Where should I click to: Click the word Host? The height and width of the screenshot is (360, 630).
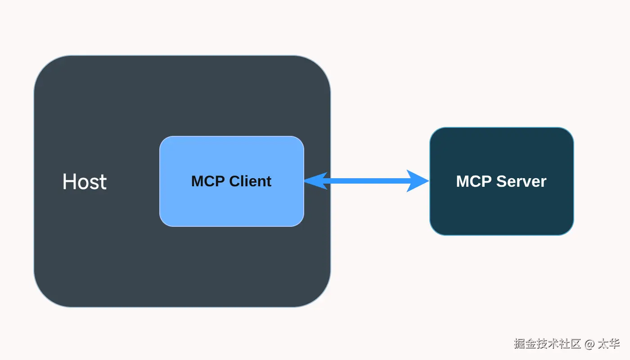pyautogui.click(x=85, y=182)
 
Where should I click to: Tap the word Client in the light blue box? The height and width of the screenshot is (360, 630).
pyautogui.click(x=250, y=181)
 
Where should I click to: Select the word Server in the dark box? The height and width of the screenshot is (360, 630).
pyautogui.click(x=521, y=181)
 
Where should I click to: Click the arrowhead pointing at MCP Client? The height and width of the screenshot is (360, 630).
pyautogui.click(x=315, y=181)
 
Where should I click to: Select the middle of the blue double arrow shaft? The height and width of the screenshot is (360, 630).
pyautogui.click(x=366, y=181)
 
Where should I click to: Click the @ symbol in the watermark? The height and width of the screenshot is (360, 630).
pyautogui.click(x=589, y=344)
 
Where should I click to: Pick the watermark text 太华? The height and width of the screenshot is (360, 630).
pyautogui.click(x=608, y=344)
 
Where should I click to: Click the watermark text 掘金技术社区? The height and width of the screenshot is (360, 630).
pyautogui.click(x=547, y=344)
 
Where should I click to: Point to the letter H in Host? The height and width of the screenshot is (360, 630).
pyautogui.click(x=68, y=181)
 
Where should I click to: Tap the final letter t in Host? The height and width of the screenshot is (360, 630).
pyautogui.click(x=103, y=183)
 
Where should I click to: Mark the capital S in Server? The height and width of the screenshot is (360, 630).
pyautogui.click(x=503, y=181)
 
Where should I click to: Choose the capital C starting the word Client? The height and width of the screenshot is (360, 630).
pyautogui.click(x=235, y=181)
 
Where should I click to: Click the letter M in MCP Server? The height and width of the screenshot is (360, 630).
pyautogui.click(x=463, y=181)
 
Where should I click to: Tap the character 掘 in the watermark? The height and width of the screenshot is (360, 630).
pyautogui.click(x=520, y=344)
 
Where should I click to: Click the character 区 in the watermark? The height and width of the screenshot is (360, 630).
pyautogui.click(x=575, y=344)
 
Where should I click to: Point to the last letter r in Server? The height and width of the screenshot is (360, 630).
pyautogui.click(x=544, y=183)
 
